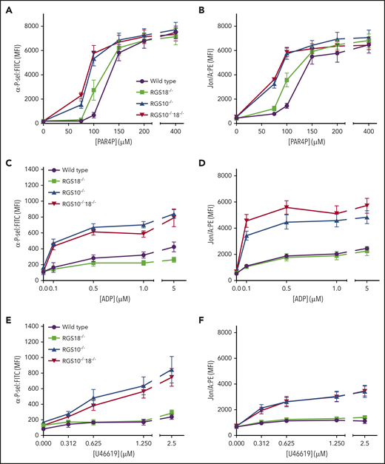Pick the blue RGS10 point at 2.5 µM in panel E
[173, 370]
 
